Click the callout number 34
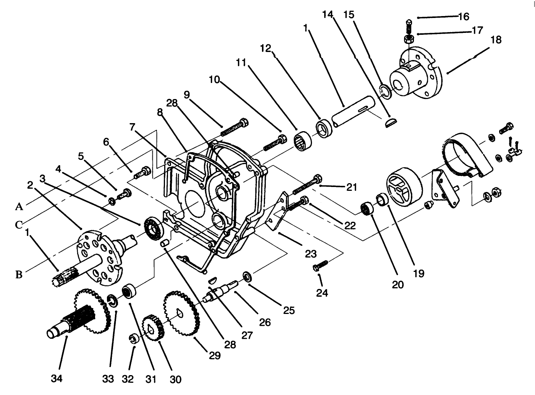[x=56, y=379]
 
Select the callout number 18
[x=496, y=40]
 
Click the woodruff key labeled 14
[x=391, y=123]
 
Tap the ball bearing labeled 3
[x=155, y=229]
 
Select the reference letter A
[x=19, y=207]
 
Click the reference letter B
[x=19, y=274]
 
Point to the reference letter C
[x=19, y=225]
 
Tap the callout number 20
[x=398, y=284]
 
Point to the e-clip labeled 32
[x=134, y=338]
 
